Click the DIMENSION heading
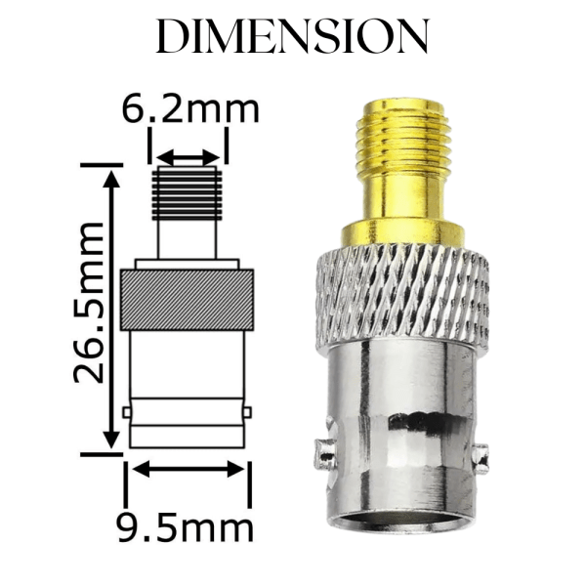(x=292, y=36)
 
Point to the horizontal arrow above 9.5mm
(x=188, y=470)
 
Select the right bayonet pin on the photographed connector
(x=480, y=454)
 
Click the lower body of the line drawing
(x=187, y=391)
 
